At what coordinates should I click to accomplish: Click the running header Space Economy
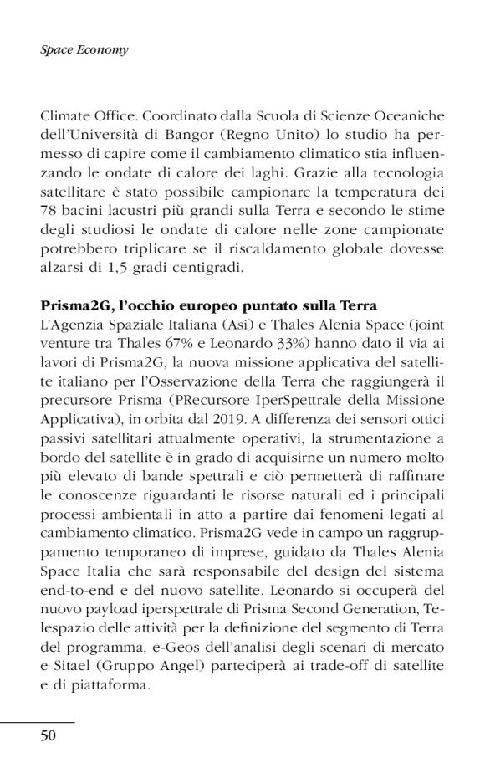click(84, 50)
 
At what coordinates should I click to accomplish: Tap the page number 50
click(50, 735)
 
